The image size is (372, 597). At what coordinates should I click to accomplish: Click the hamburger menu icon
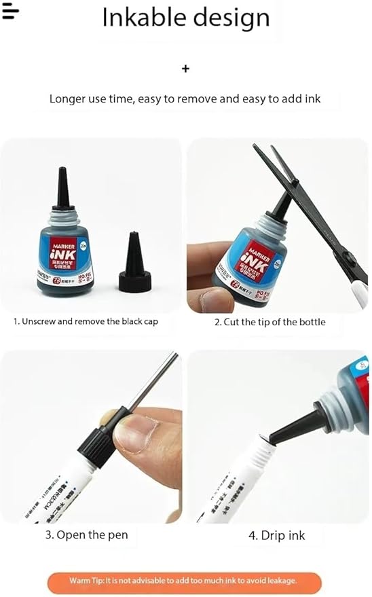pyautogui.click(x=10, y=12)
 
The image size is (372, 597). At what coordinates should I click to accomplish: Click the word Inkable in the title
pyautogui.click(x=142, y=18)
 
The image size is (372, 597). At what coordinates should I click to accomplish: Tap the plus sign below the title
pyautogui.click(x=186, y=69)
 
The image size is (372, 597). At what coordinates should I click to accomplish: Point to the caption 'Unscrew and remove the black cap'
pyautogui.click(x=86, y=321)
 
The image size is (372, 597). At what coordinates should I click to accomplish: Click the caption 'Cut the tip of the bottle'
pyautogui.click(x=270, y=322)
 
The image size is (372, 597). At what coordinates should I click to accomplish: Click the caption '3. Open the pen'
pyautogui.click(x=86, y=535)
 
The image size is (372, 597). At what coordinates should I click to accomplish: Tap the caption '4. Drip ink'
pyautogui.click(x=276, y=535)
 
